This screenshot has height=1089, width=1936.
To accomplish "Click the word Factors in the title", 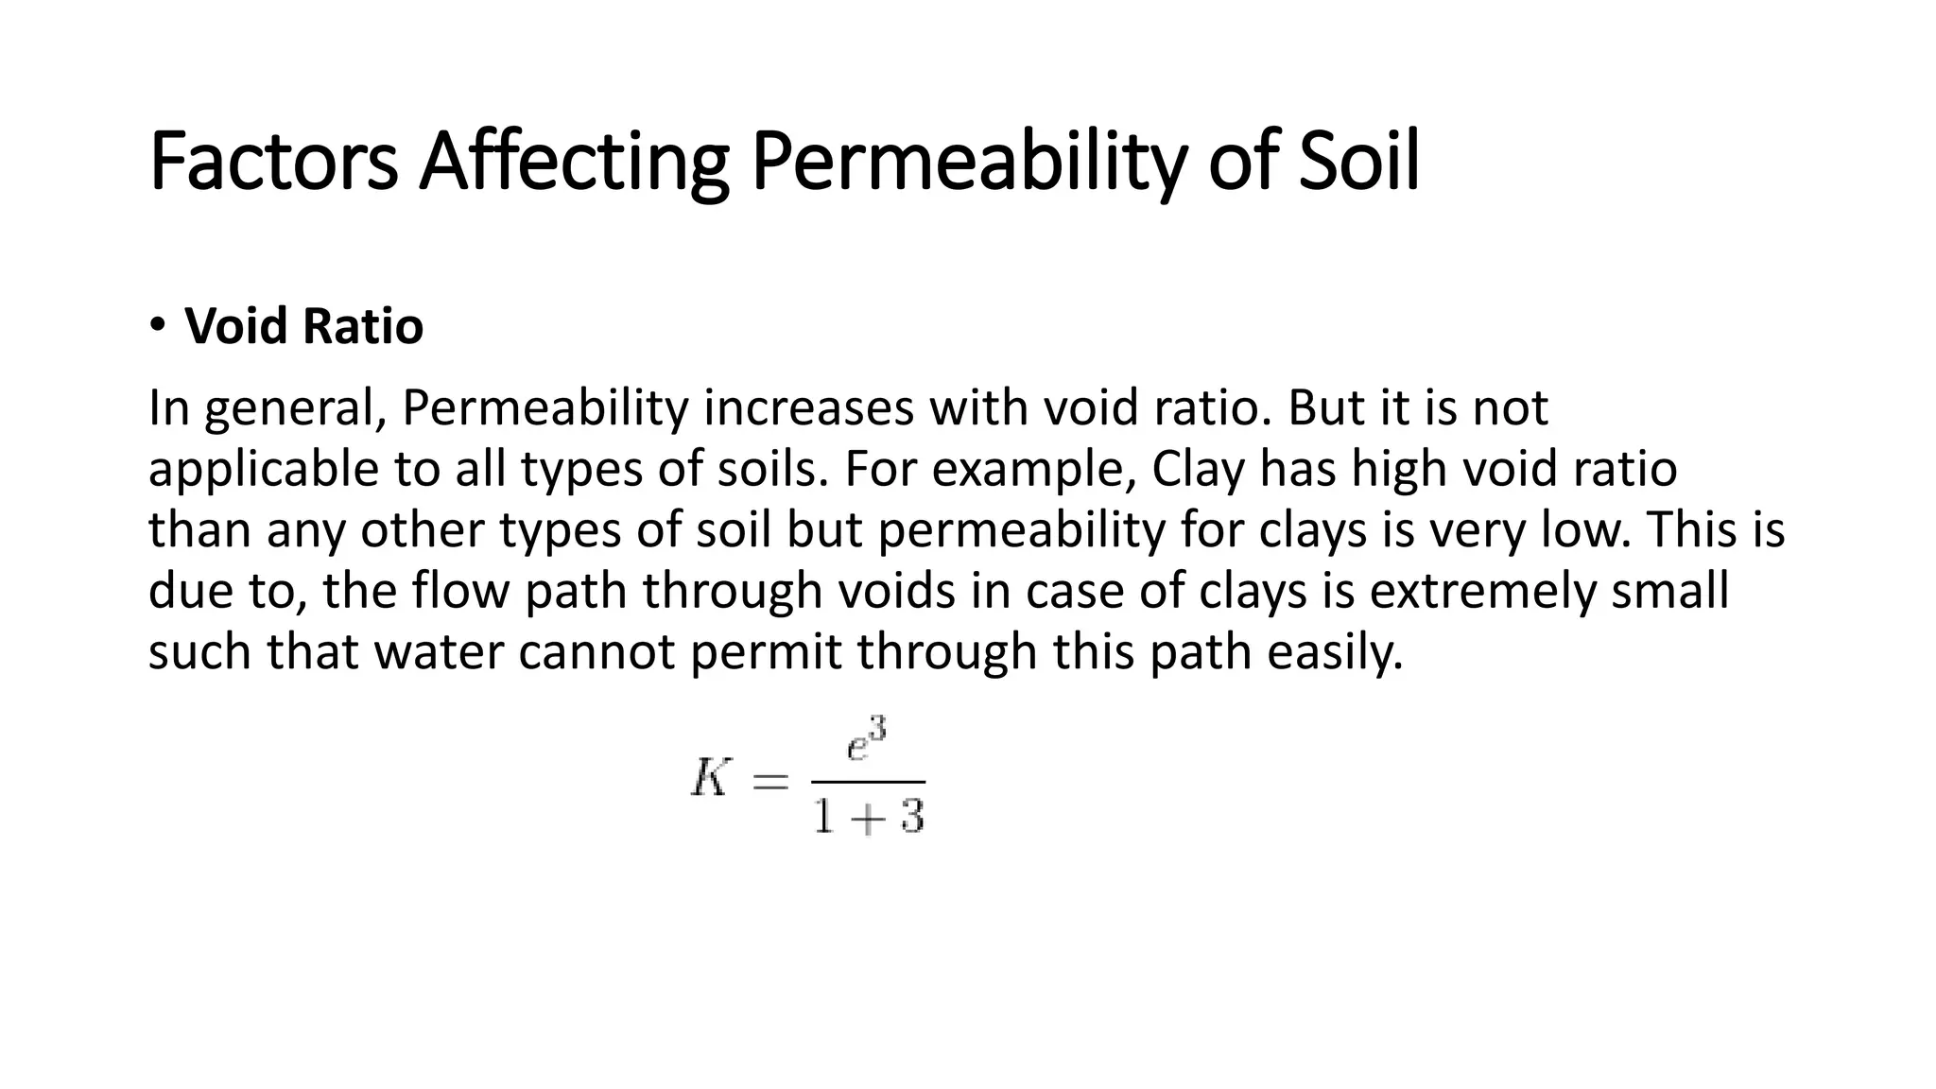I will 273,163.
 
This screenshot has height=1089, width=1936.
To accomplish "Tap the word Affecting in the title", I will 574,163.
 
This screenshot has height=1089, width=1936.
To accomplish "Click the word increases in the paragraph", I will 807,408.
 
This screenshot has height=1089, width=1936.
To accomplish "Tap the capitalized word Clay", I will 1197,470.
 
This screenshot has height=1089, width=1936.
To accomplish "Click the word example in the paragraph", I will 1033,470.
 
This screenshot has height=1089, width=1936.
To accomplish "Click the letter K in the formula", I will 711,781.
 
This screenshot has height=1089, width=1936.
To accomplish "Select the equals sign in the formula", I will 769,782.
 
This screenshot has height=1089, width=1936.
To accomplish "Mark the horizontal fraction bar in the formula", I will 868,782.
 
